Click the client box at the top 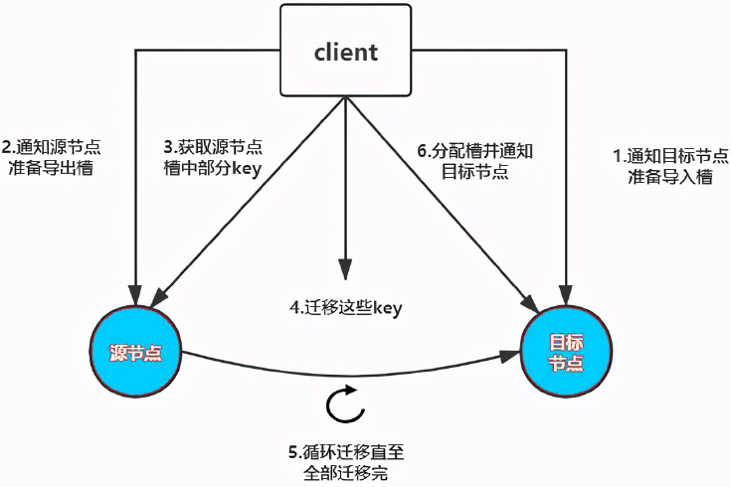pos(344,53)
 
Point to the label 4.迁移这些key pos(345,308)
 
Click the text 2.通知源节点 pos(51,146)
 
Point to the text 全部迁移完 pos(345,470)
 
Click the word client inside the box pos(344,53)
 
